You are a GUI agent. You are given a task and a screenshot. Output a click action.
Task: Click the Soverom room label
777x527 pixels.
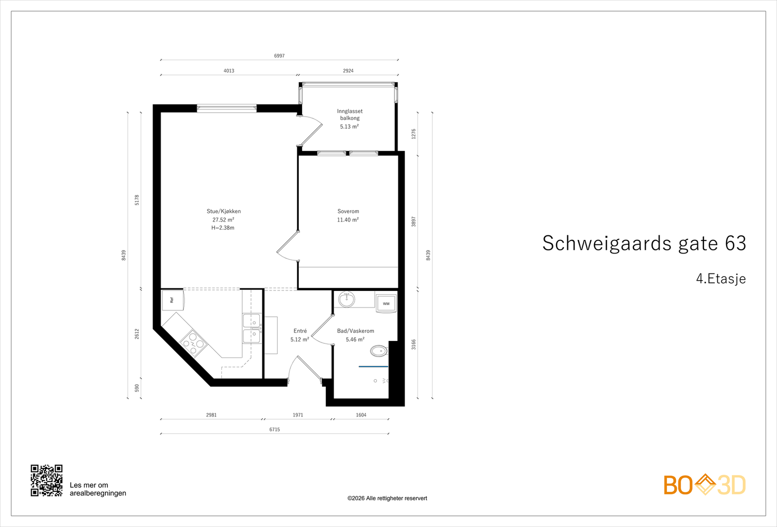pos(348,211)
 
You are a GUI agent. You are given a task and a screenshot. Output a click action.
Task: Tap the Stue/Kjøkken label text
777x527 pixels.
pos(223,211)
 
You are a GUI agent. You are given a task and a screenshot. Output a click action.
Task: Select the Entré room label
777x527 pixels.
pos(300,331)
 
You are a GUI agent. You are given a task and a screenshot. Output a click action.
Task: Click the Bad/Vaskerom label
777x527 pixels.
pos(355,331)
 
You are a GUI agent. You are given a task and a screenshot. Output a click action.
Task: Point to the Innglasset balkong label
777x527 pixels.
pos(350,115)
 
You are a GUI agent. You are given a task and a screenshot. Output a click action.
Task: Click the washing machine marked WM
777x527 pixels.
pos(386,304)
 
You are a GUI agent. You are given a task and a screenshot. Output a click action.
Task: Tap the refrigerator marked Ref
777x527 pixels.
pos(172,300)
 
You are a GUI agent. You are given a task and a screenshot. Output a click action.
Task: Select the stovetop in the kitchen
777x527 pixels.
pos(193,343)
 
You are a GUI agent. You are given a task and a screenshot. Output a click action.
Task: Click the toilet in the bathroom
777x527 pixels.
pos(379,350)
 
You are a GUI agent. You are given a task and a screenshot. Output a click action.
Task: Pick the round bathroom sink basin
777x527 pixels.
pos(347,299)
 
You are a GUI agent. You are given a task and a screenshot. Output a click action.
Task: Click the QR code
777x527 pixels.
pos(47,480)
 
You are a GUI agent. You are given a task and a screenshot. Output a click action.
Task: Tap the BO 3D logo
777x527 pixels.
pos(704,485)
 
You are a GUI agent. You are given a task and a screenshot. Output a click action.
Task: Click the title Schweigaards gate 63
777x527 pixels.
pos(644,243)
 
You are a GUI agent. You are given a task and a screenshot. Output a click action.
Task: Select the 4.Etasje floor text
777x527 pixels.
pos(721,279)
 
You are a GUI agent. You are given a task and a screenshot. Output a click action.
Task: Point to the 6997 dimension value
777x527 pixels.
pos(279,56)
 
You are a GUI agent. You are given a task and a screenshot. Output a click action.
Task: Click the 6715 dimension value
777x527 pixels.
pos(274,429)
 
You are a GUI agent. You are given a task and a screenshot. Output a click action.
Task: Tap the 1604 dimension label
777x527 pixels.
pos(361,415)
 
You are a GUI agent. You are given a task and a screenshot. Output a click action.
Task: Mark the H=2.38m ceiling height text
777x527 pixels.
pos(223,228)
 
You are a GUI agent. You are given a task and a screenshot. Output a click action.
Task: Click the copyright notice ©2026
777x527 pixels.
pos(387,498)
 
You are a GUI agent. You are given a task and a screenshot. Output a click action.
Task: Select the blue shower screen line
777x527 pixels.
pos(373,366)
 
